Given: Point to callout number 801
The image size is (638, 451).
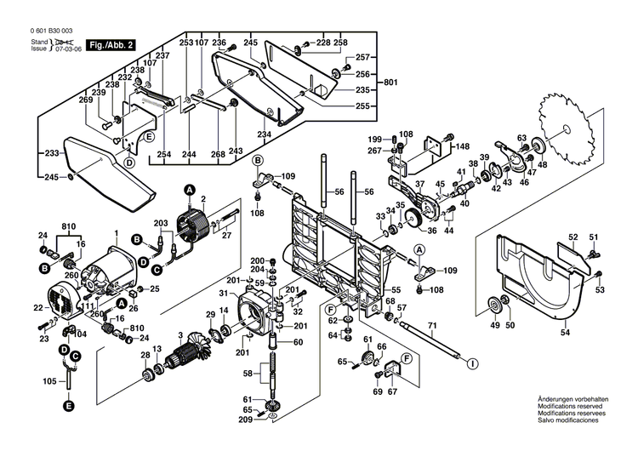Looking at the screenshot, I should coord(390,83).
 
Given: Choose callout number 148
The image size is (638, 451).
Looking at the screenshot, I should coord(462,146).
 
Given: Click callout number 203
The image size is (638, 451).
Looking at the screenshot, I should coord(161,223).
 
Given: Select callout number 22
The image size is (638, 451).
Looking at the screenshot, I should coord(37,307).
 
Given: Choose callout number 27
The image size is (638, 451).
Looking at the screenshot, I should coord(225,235).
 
